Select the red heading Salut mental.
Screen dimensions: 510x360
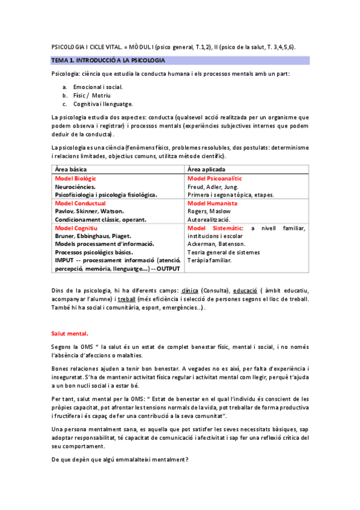pos(70,332)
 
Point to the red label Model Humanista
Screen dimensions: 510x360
pos(212,203)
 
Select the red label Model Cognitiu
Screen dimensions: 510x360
pos(76,228)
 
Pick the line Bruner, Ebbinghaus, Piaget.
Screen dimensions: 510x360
pos(93,236)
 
